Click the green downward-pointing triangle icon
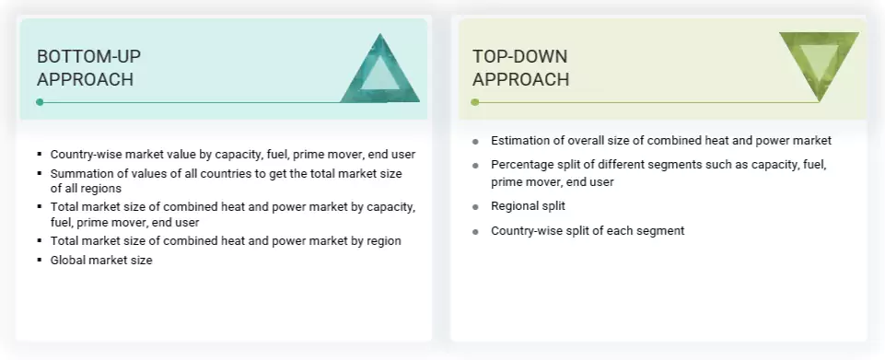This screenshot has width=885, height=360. (818, 63)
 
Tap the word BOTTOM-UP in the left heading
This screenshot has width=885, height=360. (88, 57)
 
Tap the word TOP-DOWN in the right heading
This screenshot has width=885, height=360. (519, 57)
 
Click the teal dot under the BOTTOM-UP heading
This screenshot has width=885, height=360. (40, 102)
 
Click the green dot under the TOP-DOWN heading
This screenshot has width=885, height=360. (475, 102)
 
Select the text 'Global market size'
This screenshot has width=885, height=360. (101, 260)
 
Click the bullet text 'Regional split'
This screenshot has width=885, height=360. (529, 206)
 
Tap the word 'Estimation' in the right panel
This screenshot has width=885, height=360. (524, 141)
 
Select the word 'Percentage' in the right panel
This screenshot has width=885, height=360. (526, 165)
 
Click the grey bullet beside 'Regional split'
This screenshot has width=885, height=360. (475, 207)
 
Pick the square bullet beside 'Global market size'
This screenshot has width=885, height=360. (40, 261)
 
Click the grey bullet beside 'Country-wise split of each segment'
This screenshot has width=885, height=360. (475, 231)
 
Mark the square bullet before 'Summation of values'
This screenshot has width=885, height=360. (40, 173)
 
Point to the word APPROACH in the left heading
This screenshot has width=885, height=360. (85, 80)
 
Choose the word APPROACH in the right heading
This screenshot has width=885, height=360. (520, 80)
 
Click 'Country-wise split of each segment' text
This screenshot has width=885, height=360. (588, 230)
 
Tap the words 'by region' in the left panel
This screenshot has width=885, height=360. (372, 240)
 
